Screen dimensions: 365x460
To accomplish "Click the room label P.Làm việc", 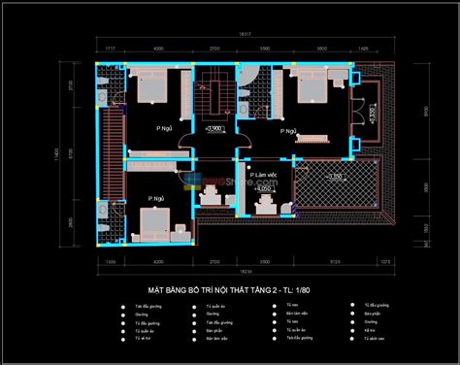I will click(x=261, y=176).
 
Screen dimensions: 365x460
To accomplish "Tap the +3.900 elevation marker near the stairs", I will click(x=215, y=128).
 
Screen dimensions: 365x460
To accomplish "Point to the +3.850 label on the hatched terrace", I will click(x=335, y=177).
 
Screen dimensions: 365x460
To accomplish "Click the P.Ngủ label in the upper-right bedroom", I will click(x=288, y=130).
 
